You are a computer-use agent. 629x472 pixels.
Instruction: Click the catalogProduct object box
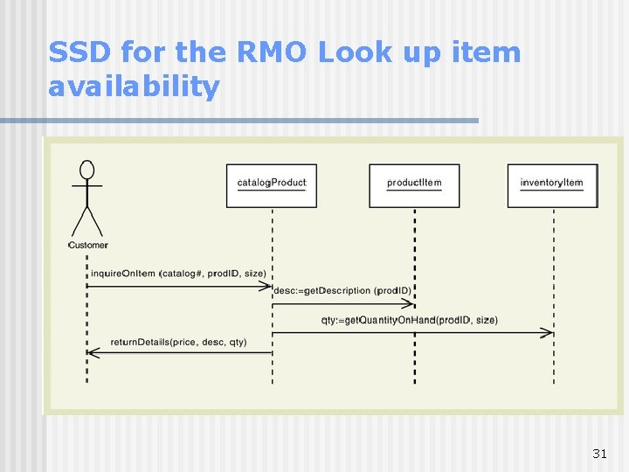coord(272,185)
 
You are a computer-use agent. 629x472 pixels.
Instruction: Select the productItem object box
coord(414,185)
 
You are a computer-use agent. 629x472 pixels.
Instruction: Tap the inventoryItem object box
coord(552,185)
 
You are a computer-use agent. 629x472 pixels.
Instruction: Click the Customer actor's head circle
coord(86,170)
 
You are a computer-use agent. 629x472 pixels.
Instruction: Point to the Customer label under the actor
coord(87,246)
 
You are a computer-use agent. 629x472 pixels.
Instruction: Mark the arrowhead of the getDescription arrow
coord(409,303)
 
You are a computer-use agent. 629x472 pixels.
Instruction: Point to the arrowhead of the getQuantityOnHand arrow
coord(548,332)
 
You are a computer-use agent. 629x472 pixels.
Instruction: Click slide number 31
coord(599,453)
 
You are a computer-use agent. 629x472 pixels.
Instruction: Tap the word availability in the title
coord(135,87)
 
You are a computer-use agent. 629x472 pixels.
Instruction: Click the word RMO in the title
coord(271,52)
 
